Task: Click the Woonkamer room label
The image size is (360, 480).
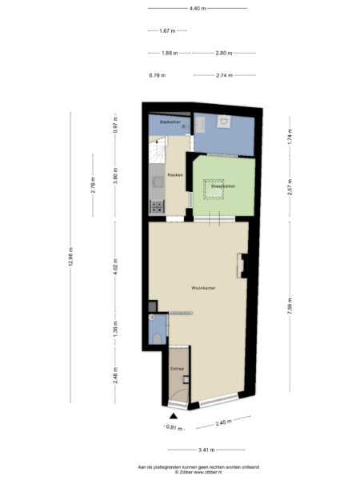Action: pyautogui.click(x=203, y=287)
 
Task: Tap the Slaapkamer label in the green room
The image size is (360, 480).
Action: pyautogui.click(x=222, y=186)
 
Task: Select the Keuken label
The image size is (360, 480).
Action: pyautogui.click(x=176, y=174)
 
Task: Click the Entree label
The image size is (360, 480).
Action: pyautogui.click(x=178, y=369)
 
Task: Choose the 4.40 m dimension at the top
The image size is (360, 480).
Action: pyautogui.click(x=197, y=8)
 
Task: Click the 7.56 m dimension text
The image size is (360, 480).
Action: pyautogui.click(x=290, y=305)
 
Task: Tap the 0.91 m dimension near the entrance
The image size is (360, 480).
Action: pyautogui.click(x=174, y=428)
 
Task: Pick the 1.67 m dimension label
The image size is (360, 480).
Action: pyautogui.click(x=167, y=31)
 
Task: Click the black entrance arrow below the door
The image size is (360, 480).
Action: pyautogui.click(x=173, y=416)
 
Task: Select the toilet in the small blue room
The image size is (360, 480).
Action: pyautogui.click(x=155, y=339)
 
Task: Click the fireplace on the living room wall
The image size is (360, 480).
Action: pyautogui.click(x=241, y=264)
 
